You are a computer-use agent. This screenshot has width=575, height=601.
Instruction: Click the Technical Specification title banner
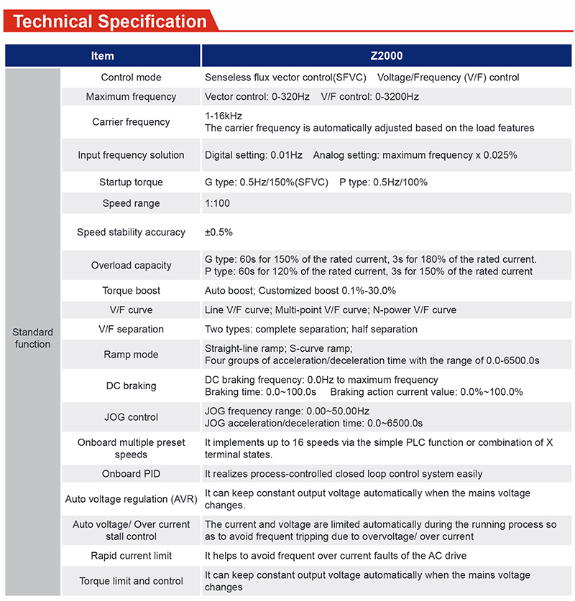pos(110,20)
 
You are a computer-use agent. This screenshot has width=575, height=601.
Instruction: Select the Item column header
pos(102,55)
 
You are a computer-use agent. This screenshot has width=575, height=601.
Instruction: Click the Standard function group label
pos(32,338)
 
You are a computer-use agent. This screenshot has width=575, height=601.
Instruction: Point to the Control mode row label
pos(131,78)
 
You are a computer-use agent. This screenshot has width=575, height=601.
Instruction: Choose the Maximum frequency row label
pos(131,96)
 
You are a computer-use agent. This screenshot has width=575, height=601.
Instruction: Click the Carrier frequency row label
pos(131,122)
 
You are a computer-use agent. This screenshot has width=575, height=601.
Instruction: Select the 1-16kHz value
pos(224,116)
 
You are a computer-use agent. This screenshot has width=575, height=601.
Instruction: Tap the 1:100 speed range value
pos(218,203)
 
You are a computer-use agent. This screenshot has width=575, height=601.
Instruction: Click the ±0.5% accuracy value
pos(218,233)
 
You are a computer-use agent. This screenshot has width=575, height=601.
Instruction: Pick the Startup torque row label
pos(131,182)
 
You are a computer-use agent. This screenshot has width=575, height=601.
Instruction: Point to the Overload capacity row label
pos(131,266)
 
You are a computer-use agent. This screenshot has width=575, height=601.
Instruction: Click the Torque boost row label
pos(131,291)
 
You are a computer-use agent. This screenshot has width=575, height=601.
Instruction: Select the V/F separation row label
pos(131,329)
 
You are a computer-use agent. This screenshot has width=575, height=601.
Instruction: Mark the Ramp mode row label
pos(131,354)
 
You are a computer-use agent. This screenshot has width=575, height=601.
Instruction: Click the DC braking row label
pos(131,386)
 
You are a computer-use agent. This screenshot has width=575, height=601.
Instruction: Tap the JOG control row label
pos(131,417)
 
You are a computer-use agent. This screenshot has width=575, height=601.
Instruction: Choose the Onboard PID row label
pos(131,474)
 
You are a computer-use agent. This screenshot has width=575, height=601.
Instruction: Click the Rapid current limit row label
pos(131,556)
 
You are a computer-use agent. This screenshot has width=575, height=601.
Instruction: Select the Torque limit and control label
pos(131,581)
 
